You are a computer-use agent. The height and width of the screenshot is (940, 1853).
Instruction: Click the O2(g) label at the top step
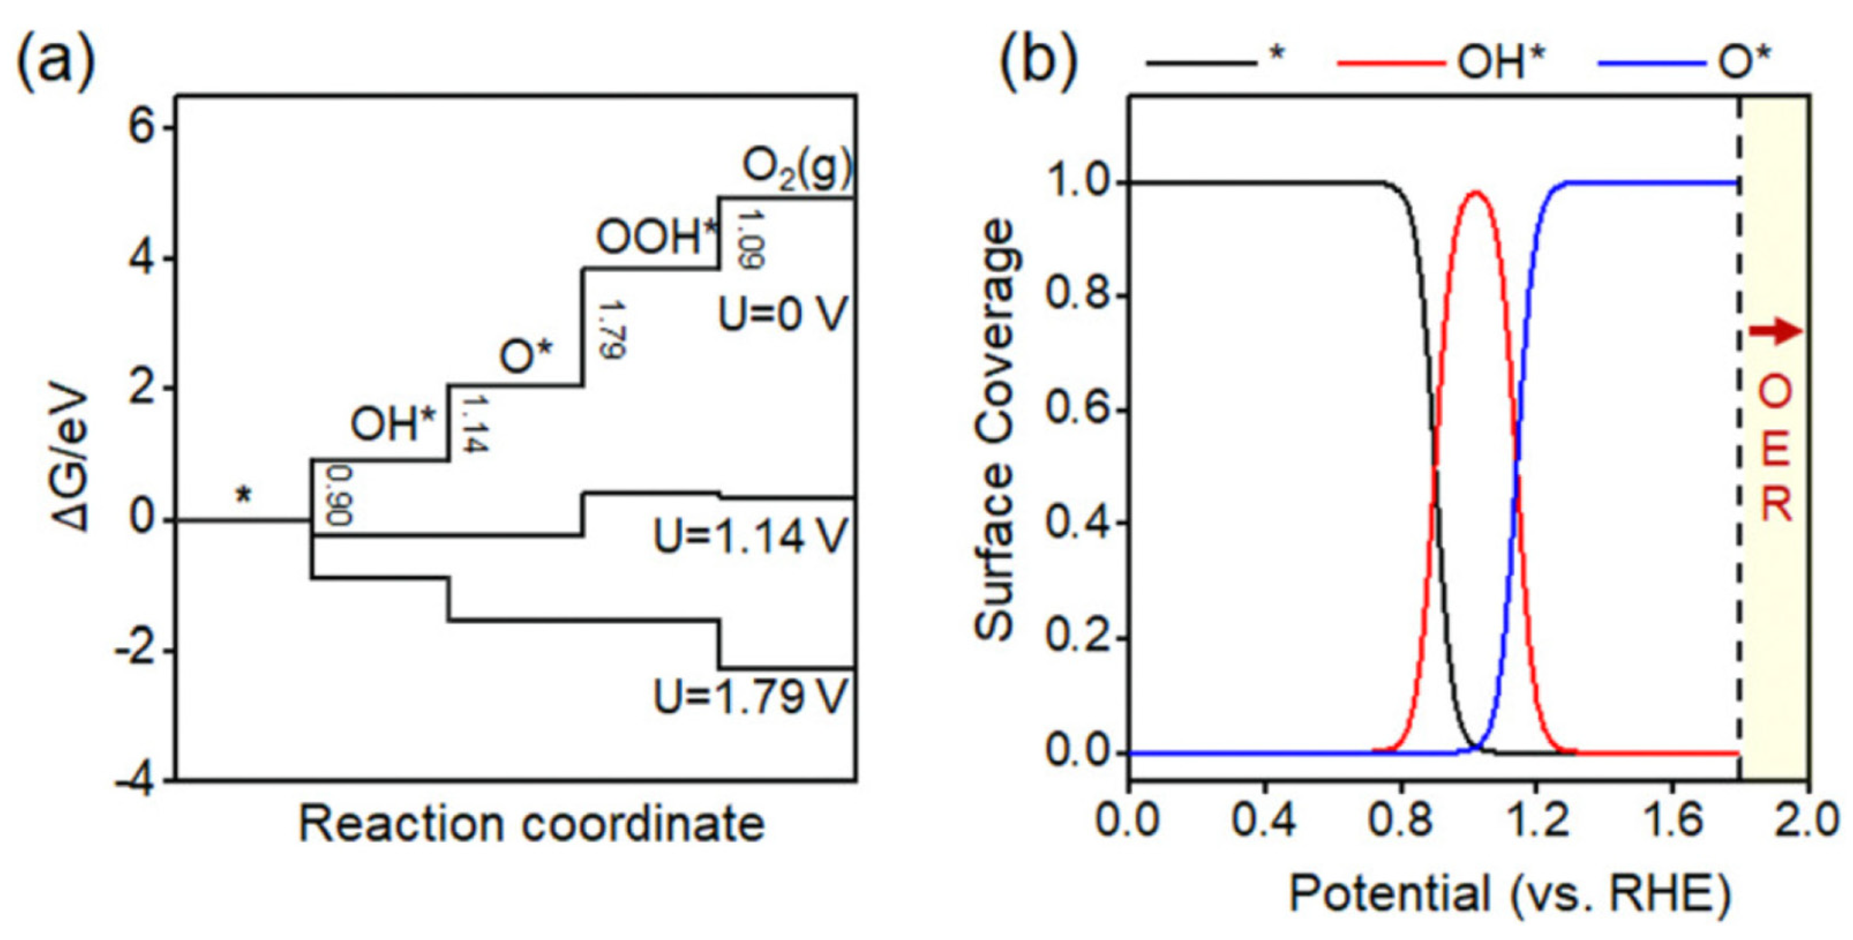[x=797, y=169]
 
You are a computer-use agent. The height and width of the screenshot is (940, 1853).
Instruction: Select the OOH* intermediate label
[x=657, y=237]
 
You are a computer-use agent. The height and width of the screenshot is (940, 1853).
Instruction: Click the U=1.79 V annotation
[x=751, y=696]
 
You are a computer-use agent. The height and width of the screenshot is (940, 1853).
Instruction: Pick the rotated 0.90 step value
[x=338, y=495]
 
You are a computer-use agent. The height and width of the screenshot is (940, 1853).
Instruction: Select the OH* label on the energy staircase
[x=394, y=424]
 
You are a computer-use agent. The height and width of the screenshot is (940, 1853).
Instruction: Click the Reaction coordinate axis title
[x=532, y=824]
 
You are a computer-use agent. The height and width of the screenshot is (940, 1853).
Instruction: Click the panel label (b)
[x=1039, y=61]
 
